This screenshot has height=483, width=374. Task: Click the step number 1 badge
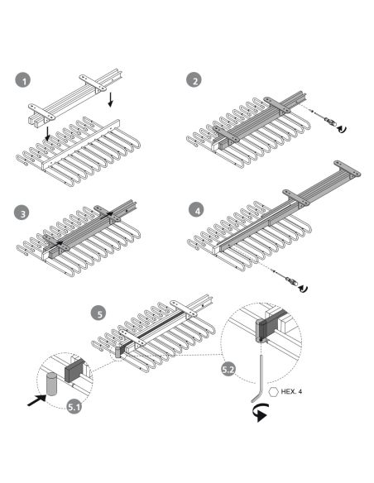pyautogui.click(x=23, y=80)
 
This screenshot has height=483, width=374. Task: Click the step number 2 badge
pyautogui.click(x=194, y=80)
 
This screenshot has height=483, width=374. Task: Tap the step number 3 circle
pyautogui.click(x=22, y=213)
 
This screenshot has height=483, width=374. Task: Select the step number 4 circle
pyautogui.click(x=197, y=211)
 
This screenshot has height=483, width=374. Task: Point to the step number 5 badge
pyautogui.click(x=98, y=313)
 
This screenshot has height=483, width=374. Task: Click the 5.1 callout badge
pyautogui.click(x=74, y=407)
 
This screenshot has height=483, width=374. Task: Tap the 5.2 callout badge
pyautogui.click(x=229, y=369)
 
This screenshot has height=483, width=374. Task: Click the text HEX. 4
pyautogui.click(x=291, y=391)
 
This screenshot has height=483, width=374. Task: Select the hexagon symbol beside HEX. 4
pyautogui.click(x=273, y=392)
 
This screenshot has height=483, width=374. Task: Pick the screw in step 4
pyautogui.click(x=287, y=278)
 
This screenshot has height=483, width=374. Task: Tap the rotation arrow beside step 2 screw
pyautogui.click(x=342, y=129)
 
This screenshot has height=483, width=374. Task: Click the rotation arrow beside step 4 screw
pyautogui.click(x=303, y=289)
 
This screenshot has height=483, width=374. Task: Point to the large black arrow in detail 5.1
pyautogui.click(x=36, y=400)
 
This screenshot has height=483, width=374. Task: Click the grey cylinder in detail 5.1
pyautogui.click(x=51, y=384)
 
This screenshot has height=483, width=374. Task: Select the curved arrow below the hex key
pyautogui.click(x=260, y=413)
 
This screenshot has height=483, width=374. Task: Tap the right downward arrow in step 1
pyautogui.click(x=110, y=99)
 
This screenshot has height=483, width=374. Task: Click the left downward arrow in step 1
pyautogui.click(x=47, y=133)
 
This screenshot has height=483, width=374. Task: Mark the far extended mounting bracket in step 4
pyautogui.click(x=348, y=169)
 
